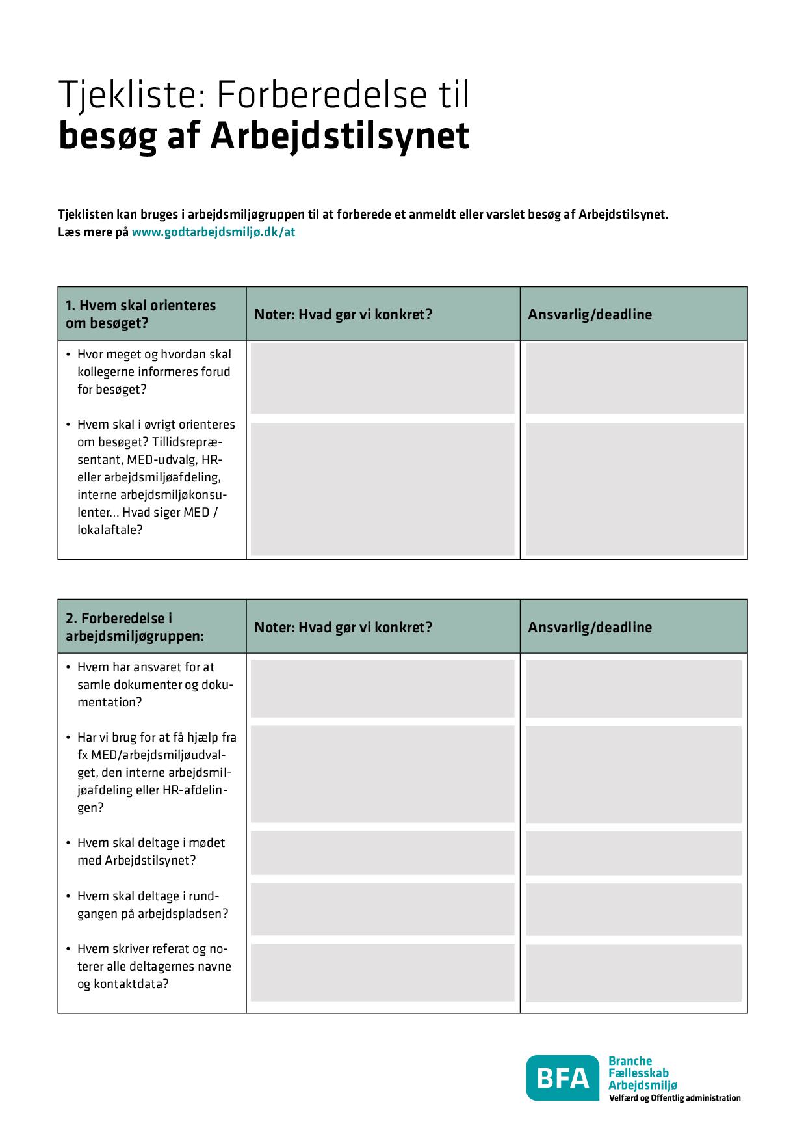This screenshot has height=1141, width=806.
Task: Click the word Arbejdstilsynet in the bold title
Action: coord(339,136)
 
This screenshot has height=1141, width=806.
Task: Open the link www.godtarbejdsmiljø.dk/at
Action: coord(213,232)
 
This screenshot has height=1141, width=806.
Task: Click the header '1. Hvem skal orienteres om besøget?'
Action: coord(141,314)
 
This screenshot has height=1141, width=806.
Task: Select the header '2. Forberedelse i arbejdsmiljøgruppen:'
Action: coord(135,626)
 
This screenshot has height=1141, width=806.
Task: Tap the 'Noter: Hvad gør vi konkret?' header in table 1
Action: coord(343,315)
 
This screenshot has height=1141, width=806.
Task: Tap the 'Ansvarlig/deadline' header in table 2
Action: coord(590,628)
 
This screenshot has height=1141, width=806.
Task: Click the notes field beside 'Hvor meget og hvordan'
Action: coord(382,378)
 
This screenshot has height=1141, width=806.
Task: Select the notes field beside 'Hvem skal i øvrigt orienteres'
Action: coord(382,489)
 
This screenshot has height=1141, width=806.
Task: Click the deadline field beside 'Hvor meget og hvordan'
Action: coord(634,378)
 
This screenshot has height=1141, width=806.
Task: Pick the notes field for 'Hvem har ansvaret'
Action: coord(382,688)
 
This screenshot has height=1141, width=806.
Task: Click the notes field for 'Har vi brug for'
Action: coord(382,774)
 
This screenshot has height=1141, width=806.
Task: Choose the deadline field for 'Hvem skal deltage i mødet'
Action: coord(633,852)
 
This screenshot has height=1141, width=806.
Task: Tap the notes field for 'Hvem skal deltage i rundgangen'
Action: coord(382,909)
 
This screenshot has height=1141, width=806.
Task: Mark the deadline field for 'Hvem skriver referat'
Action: coord(633,972)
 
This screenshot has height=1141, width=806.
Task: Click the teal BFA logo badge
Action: coord(562,1079)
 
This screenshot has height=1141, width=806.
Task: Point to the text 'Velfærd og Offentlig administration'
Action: coord(674,1098)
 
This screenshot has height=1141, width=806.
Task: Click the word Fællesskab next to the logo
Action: coord(638,1073)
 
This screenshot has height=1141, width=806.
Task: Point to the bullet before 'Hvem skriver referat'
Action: coord(68,950)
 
